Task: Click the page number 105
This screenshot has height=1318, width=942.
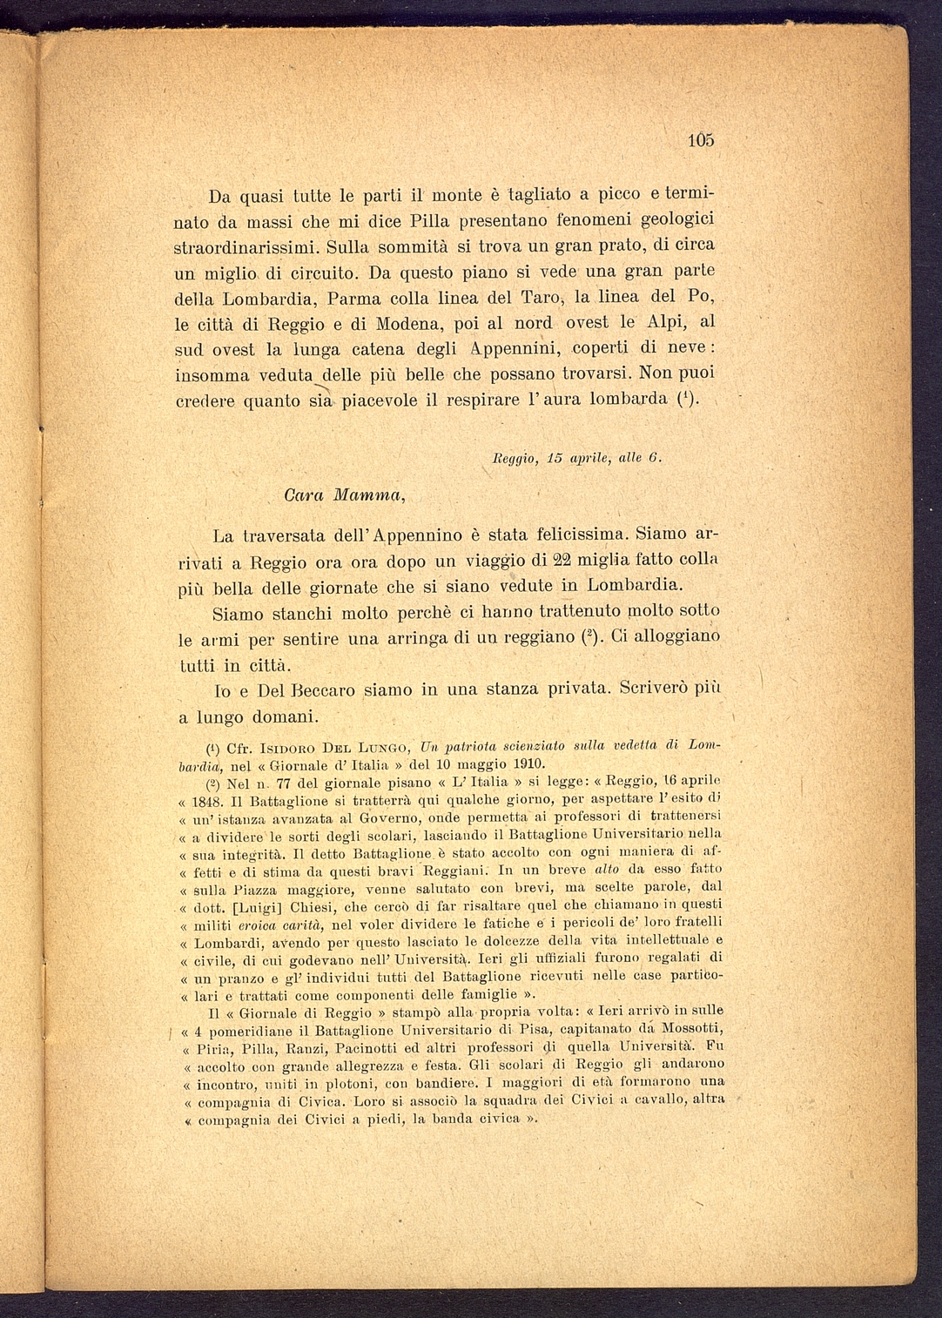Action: (x=700, y=140)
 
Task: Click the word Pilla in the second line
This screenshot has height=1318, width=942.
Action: (x=407, y=220)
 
